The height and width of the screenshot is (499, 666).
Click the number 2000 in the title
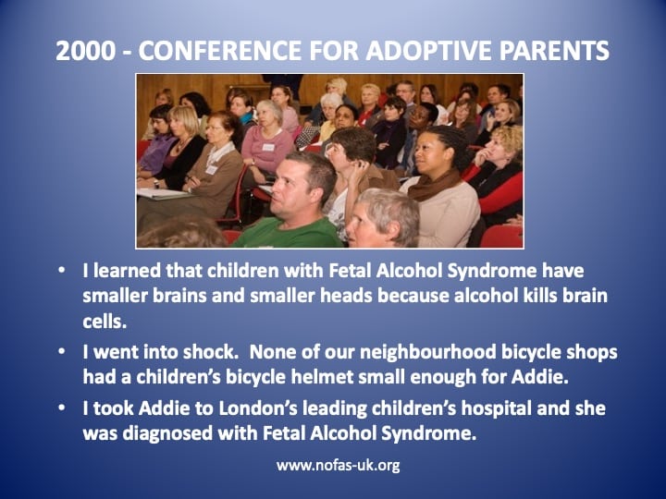[x=85, y=51]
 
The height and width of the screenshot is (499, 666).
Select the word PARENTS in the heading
[x=554, y=51]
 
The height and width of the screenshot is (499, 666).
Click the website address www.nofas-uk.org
[x=339, y=466]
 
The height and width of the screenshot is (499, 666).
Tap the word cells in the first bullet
[x=105, y=322]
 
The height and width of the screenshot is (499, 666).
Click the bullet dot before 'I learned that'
[x=62, y=270]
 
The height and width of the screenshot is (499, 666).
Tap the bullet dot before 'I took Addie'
[x=62, y=408]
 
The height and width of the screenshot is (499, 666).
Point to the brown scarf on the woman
[x=434, y=186]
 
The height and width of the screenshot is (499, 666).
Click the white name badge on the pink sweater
[x=268, y=147]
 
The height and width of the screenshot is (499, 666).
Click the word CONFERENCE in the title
[x=219, y=51]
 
